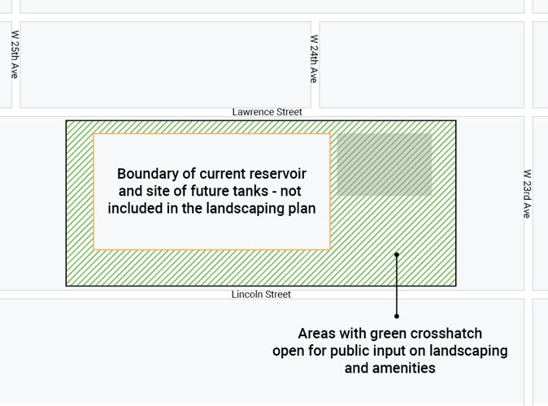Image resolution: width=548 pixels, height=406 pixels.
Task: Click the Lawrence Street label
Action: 267,112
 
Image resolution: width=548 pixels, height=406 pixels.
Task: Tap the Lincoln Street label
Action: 261,295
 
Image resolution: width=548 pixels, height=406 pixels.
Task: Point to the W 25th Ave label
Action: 15,54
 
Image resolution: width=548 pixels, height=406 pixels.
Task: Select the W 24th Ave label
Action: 314,58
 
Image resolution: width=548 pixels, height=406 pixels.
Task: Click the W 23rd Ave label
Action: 527,193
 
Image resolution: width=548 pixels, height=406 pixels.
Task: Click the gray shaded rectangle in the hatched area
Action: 384,164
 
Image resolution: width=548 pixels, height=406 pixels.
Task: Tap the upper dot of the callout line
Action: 397,254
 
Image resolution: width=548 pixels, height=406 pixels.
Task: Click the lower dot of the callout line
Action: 397,316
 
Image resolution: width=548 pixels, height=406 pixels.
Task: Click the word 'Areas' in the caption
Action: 316,334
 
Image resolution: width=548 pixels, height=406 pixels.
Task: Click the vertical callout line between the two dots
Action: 397,285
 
